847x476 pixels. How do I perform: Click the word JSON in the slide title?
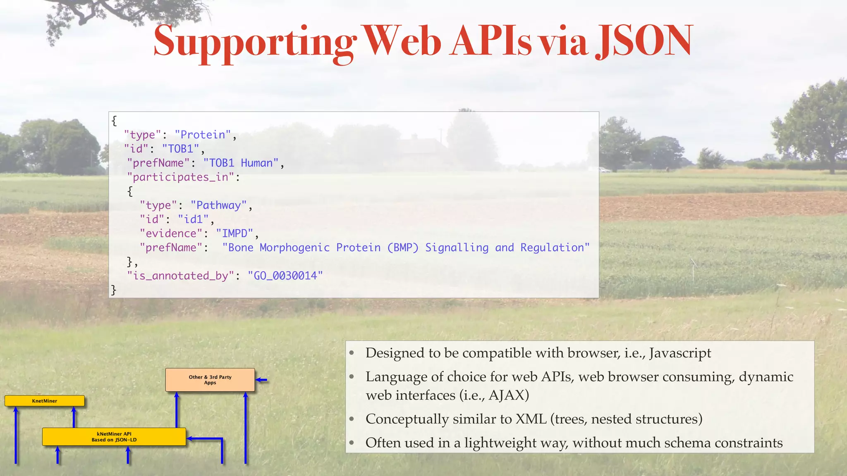coord(644,41)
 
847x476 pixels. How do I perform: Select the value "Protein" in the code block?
coord(203,135)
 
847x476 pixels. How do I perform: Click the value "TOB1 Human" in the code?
coord(241,163)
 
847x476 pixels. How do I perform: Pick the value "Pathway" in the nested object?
coord(219,205)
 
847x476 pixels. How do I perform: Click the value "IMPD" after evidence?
coord(234,233)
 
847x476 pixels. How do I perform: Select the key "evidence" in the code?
coord(171,233)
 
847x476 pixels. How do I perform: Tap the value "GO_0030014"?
coord(285,276)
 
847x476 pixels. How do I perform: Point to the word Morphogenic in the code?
coord(294,248)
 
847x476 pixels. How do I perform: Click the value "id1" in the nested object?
coord(193,219)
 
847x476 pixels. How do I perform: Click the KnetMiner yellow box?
coord(45,401)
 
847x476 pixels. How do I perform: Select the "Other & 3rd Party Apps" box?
coord(210,380)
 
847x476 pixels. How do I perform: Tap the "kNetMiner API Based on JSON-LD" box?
coord(114,437)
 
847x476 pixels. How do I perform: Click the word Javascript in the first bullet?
coord(680,353)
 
